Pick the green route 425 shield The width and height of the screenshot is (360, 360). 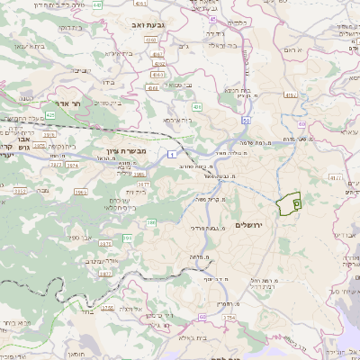click(50, 115)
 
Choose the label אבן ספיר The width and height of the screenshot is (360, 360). click(103, 229)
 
